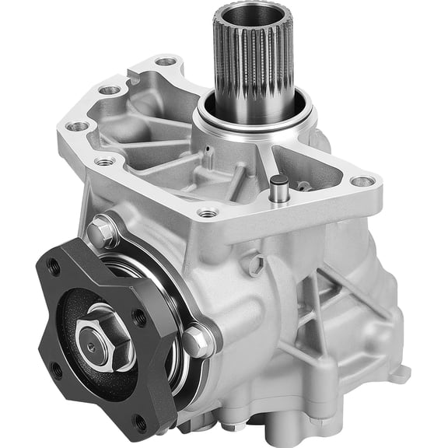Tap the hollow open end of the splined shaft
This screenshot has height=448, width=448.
tap(253, 16)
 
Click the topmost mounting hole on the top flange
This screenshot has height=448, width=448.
tap(166, 61)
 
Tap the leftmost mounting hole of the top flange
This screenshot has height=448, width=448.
tap(77, 126)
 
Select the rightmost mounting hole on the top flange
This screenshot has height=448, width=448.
tap(362, 181)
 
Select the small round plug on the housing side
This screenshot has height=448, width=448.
tap(252, 264)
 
